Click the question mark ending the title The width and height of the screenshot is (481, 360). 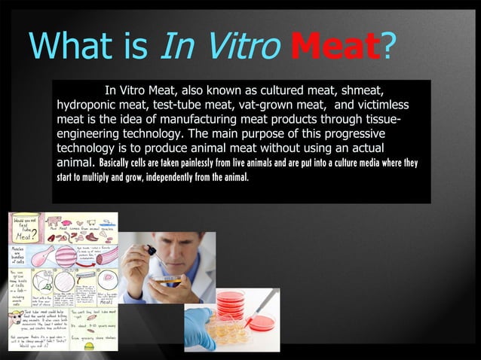pyautogui.click(x=391, y=47)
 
